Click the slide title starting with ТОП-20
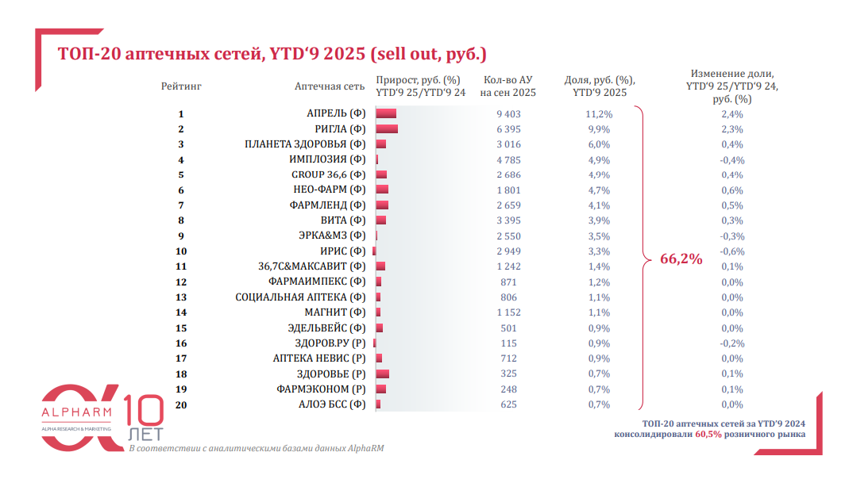pos(272,54)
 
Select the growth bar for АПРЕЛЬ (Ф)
pos(386,114)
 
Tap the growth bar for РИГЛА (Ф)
pos(387,129)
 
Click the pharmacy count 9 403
pos(508,114)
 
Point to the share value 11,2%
pos(598,114)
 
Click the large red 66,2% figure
pos(681,259)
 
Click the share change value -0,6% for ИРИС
pos(731,251)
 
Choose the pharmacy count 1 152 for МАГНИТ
pos(508,312)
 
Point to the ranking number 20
pos(181,404)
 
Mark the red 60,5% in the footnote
pos(708,435)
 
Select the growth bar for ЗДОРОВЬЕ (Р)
pos(382,374)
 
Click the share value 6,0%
pos(598,144)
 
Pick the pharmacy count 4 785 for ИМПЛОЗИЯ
pos(508,159)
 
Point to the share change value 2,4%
pos(731,114)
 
